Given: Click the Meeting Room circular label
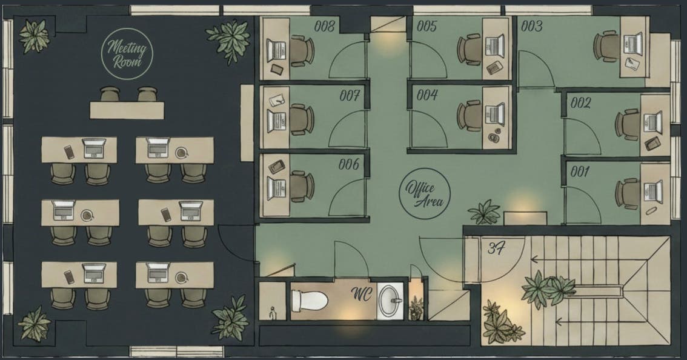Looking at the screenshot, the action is (x=127, y=53).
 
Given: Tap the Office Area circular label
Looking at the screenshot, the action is (x=425, y=193).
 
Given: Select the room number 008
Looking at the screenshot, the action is (x=325, y=26).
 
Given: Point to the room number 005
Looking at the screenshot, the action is (x=426, y=26).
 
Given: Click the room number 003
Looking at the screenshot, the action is (x=532, y=26).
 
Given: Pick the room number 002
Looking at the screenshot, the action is (x=580, y=103).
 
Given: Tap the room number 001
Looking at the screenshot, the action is (x=580, y=172).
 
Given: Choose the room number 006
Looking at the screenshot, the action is (x=349, y=164).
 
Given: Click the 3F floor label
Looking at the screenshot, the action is (x=496, y=248).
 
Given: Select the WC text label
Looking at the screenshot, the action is (x=362, y=294).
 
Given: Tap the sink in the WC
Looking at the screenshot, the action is (x=390, y=301).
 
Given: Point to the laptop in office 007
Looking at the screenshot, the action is (x=276, y=121).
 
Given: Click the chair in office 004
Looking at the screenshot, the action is (x=470, y=116).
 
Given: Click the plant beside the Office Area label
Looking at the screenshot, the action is (x=484, y=212).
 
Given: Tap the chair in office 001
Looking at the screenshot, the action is (x=628, y=193).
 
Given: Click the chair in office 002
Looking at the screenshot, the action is (x=628, y=124).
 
